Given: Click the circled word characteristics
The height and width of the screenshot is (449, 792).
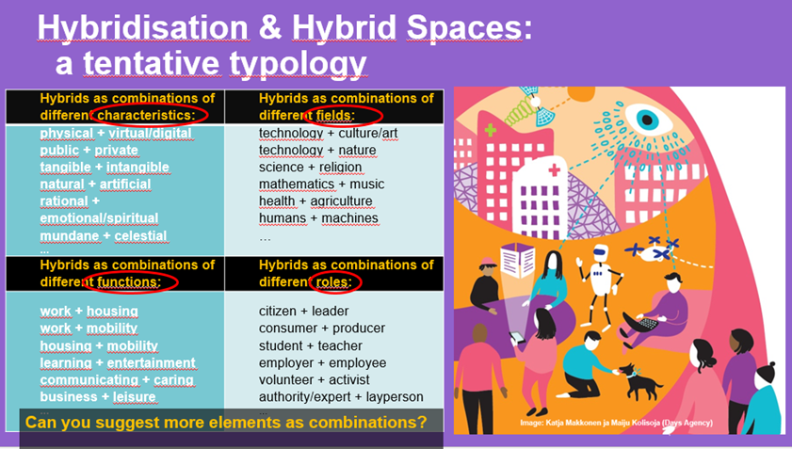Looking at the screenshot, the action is [x=146, y=115].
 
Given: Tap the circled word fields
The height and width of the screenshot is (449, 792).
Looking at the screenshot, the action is [x=335, y=115].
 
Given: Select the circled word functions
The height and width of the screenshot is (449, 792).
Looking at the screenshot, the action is [x=129, y=281].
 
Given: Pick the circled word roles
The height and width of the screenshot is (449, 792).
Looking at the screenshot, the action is [x=334, y=281].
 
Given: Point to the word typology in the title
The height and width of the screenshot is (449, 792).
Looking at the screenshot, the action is [x=298, y=64].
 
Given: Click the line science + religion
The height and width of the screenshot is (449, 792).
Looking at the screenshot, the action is [x=310, y=168].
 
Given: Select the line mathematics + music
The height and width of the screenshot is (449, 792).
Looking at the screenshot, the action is [x=322, y=184].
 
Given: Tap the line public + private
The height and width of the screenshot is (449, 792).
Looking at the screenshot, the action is [x=89, y=150].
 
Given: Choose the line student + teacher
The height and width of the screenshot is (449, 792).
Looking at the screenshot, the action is [x=311, y=346].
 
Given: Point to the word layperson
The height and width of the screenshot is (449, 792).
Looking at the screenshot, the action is [x=395, y=397].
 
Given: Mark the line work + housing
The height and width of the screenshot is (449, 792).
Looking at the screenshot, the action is [x=89, y=312].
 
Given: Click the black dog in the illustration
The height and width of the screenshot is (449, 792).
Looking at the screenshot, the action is [x=639, y=381].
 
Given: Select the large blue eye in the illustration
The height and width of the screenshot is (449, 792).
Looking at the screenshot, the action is [x=649, y=120].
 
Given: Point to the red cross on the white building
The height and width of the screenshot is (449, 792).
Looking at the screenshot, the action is [x=555, y=169].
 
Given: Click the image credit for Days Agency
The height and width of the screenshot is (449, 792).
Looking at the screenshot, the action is [x=616, y=423].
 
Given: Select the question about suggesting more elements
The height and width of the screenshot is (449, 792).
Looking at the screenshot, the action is [x=226, y=422].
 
